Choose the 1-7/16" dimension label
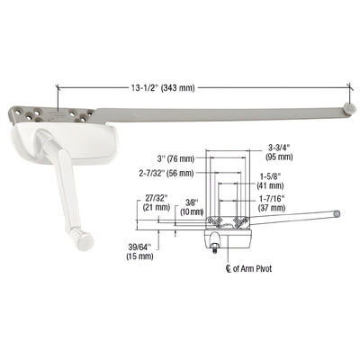coord(271,200)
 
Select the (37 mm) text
coord(271,210)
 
